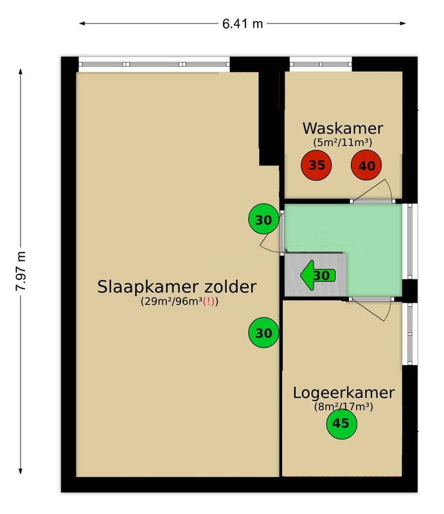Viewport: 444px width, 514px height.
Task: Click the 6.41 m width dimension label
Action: pos(243,24)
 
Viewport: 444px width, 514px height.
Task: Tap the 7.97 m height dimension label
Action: pos(21,271)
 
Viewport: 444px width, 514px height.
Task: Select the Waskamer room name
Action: pos(342,128)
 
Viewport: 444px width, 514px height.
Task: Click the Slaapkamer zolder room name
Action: pos(177,287)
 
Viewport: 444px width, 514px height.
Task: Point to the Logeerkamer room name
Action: pos(343,393)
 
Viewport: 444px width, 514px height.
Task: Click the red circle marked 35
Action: pos(316,165)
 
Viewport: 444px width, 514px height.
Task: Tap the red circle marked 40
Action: pos(366,165)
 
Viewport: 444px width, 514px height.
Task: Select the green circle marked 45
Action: pos(342,423)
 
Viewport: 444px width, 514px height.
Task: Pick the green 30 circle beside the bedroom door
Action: pos(263,219)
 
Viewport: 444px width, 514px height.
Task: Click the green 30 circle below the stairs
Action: pos(263,332)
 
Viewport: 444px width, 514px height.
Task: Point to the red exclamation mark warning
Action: pos(209,301)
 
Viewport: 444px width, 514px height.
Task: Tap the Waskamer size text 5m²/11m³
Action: pos(342,142)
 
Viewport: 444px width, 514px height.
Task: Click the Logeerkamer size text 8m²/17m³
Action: pos(343,407)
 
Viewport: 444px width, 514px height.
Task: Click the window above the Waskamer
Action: pos(321,64)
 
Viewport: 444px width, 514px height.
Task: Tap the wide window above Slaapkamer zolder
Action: pos(154,64)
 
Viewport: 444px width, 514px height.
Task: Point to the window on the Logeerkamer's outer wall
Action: pos(410,333)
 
